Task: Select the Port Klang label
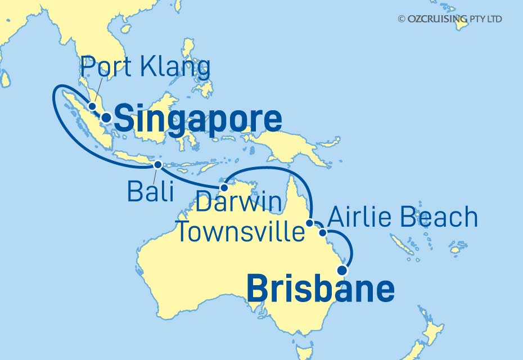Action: pos(145,67)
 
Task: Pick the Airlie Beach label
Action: pos(403,217)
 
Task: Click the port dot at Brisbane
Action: pos(342,270)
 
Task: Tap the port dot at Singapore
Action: pos(105,118)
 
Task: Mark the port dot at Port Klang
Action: pos(92,106)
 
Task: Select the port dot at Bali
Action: pos(158,165)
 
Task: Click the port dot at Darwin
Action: pos(223,187)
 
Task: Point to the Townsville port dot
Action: pos(310,224)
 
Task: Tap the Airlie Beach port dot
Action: pos(322,232)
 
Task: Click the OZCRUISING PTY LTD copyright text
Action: pos(450,19)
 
